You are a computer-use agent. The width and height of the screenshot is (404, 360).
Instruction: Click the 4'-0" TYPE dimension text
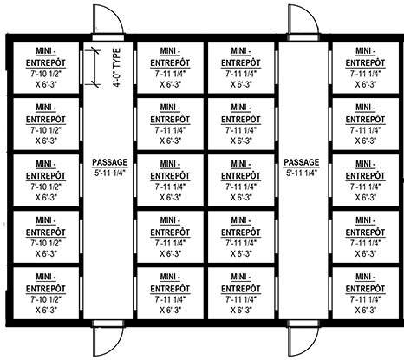click(117, 68)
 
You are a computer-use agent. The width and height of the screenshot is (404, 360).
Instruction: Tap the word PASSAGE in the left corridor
click(110, 162)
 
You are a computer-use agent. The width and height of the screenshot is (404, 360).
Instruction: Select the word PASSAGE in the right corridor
click(302, 162)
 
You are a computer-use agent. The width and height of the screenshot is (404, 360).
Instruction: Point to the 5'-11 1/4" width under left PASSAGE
click(110, 173)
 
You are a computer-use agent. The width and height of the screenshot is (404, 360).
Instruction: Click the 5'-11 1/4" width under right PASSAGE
click(302, 173)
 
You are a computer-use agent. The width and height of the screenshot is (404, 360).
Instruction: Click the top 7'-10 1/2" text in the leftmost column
click(46, 74)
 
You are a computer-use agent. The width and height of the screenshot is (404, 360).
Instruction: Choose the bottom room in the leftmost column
click(46, 293)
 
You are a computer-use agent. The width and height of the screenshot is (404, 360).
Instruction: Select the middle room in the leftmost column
click(46, 180)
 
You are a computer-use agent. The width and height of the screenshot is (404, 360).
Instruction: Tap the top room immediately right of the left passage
click(170, 68)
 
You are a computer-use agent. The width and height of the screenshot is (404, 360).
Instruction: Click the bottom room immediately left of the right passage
click(241, 293)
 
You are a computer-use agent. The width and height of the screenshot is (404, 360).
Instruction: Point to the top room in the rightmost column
click(366, 68)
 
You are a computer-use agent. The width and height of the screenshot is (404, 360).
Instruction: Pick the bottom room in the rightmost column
click(366, 293)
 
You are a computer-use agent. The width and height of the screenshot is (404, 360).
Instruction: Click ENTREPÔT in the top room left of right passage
click(241, 62)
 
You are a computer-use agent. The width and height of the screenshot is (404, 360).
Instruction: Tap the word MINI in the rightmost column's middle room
click(363, 164)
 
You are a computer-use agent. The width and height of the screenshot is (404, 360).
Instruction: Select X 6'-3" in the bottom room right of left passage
click(170, 310)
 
